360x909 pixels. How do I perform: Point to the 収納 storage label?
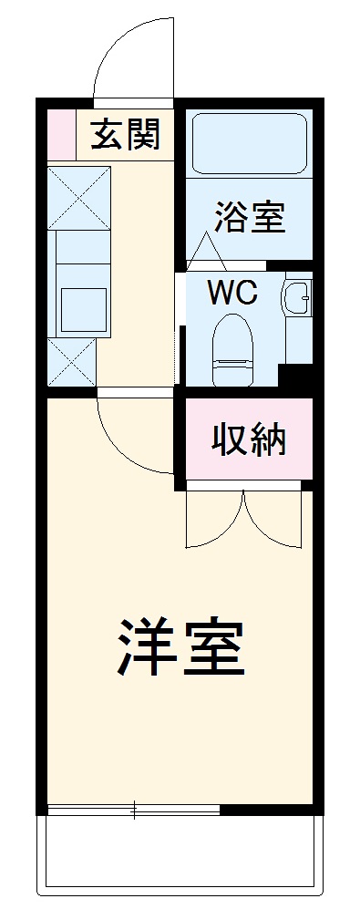(x=249, y=440)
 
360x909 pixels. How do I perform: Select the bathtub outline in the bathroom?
(x=249, y=143)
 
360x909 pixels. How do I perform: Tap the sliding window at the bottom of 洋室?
(x=134, y=809)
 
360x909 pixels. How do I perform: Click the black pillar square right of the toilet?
(x=295, y=375)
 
